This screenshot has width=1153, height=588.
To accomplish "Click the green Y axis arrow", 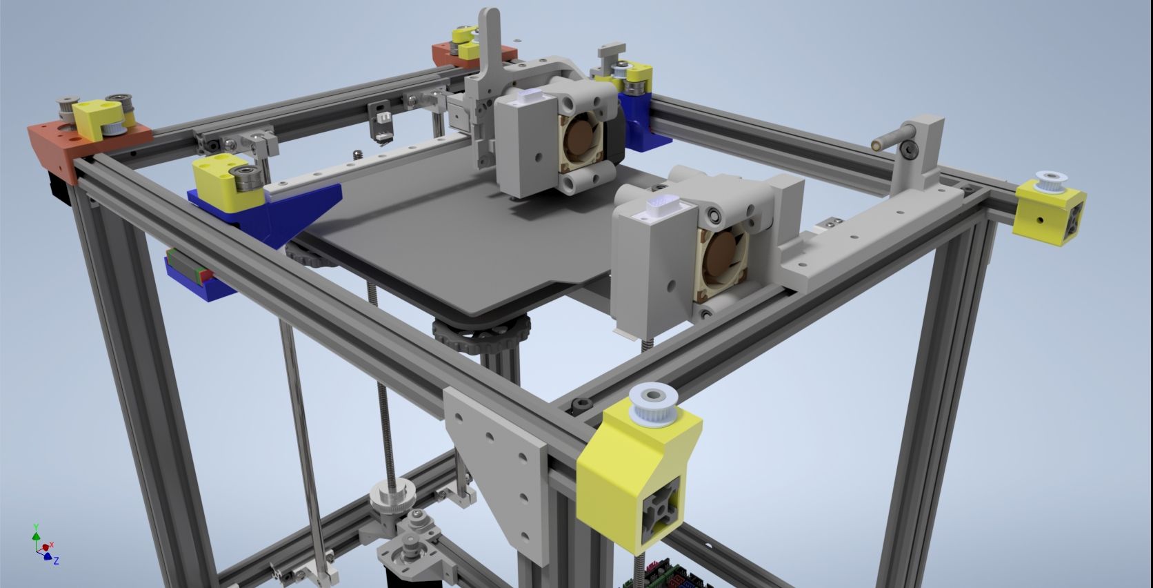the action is (36, 536).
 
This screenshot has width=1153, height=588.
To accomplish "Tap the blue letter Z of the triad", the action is (56, 560).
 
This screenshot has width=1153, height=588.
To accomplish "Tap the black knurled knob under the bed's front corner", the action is (482, 335).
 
